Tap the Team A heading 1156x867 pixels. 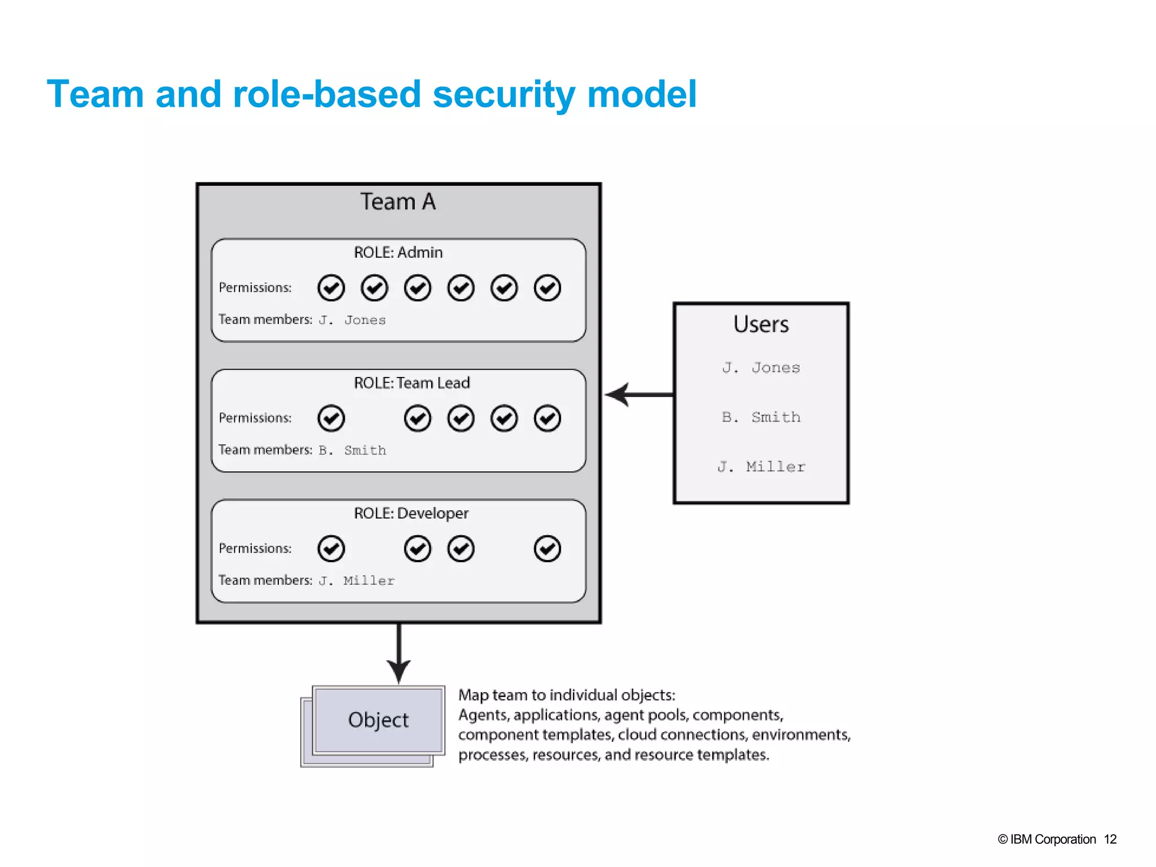(398, 202)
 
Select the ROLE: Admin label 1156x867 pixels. (398, 252)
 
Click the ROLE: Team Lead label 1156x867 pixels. (411, 383)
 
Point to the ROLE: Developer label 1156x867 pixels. (411, 513)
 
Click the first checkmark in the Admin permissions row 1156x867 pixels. (331, 288)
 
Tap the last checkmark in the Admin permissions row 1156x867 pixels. (547, 288)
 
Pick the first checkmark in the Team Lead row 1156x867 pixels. (331, 418)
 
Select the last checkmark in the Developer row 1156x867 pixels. (547, 549)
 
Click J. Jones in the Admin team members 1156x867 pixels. (352, 320)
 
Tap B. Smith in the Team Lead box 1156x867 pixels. (352, 450)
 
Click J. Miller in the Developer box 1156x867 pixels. (356, 581)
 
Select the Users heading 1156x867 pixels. (761, 325)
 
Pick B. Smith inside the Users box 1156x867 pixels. (761, 417)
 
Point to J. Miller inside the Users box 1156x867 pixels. (761, 467)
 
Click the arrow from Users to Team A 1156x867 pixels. (638, 395)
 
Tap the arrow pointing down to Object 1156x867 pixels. (399, 655)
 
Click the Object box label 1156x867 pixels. (378, 720)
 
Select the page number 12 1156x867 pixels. (1110, 839)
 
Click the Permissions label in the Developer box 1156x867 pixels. (255, 549)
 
